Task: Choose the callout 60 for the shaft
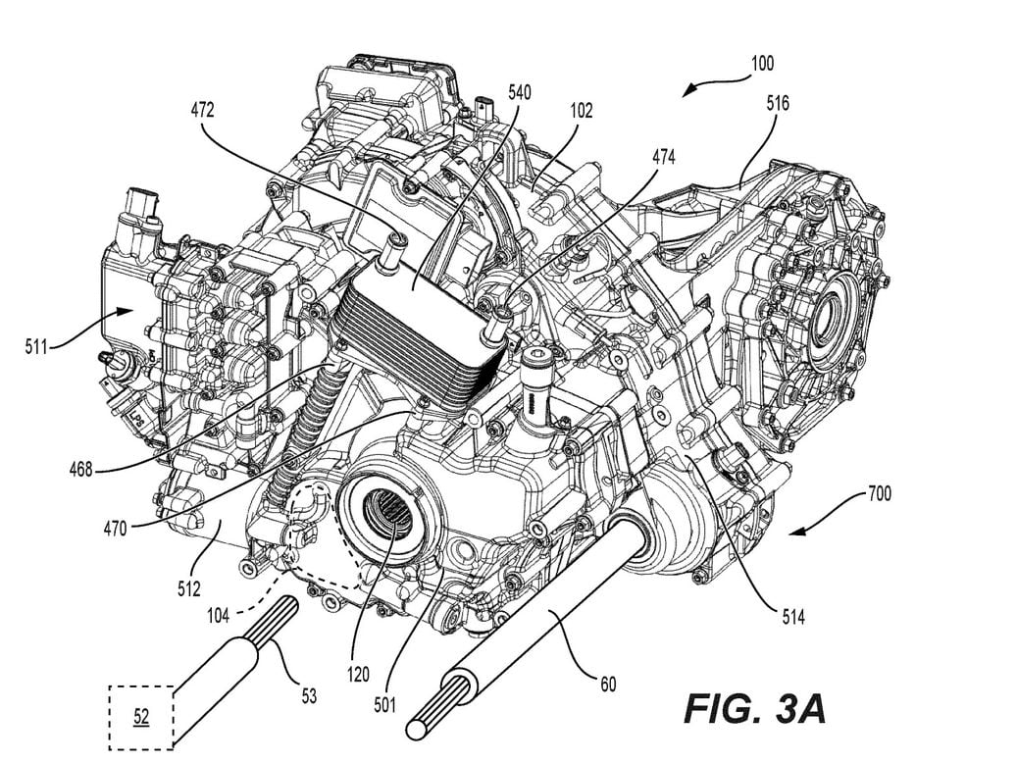(x=608, y=684)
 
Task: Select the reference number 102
(x=579, y=112)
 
